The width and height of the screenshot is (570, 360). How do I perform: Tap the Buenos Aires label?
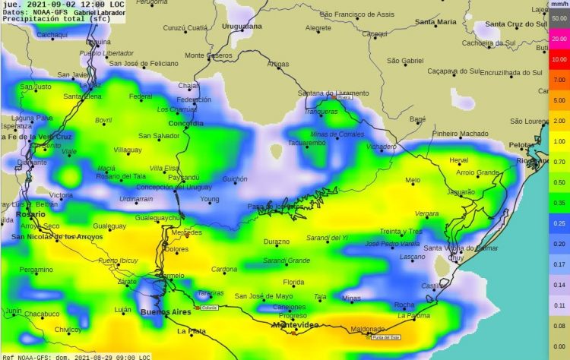pyautogui.click(x=166, y=312)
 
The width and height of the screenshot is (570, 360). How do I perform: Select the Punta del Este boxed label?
pyautogui.click(x=386, y=337)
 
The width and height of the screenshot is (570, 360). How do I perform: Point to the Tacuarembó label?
pyautogui.click(x=307, y=143)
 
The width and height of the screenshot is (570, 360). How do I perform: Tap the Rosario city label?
pyautogui.click(x=30, y=215)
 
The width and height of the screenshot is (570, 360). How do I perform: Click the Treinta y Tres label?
pyautogui.click(x=401, y=231)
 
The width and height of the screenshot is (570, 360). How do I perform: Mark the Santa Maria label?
pyautogui.click(x=435, y=23)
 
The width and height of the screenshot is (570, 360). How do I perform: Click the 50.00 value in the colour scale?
pyautogui.click(x=559, y=17)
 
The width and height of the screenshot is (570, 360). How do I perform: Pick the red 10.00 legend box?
pyautogui.click(x=559, y=58)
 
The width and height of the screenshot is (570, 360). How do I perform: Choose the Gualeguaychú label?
pyautogui.click(x=160, y=218)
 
